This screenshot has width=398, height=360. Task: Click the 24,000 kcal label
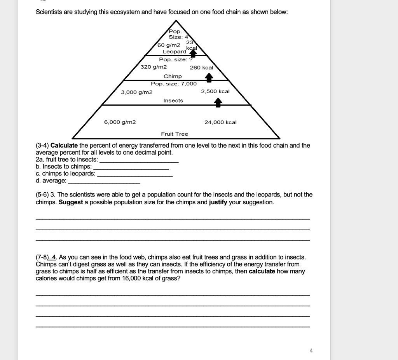tap(220, 122)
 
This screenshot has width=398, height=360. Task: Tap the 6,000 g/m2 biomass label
tap(120, 122)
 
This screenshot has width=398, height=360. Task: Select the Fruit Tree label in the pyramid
tap(175, 134)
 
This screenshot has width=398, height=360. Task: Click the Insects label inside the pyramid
tap(173, 101)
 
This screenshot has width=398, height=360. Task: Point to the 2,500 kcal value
tap(215, 91)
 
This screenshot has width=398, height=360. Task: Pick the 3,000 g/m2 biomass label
tap(136, 92)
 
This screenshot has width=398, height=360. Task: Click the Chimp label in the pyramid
tap(173, 77)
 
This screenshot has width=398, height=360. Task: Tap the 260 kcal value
tap(201, 68)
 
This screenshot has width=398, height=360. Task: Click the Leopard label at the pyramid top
tap(174, 52)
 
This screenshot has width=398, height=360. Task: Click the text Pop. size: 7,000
tap(174, 83)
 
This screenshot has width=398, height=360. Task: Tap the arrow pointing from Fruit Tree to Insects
tap(218, 102)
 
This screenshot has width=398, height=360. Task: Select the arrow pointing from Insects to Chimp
tap(209, 78)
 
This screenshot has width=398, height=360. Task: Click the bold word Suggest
tap(71, 203)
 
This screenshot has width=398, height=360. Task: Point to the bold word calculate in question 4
tap(261, 271)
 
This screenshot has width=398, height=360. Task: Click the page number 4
tap(311, 350)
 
